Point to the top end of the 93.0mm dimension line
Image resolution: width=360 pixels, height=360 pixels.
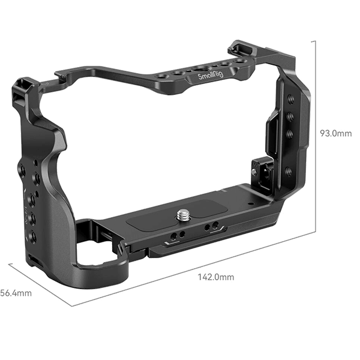point(315,40)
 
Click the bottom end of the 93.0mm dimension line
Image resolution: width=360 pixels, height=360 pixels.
point(315,230)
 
